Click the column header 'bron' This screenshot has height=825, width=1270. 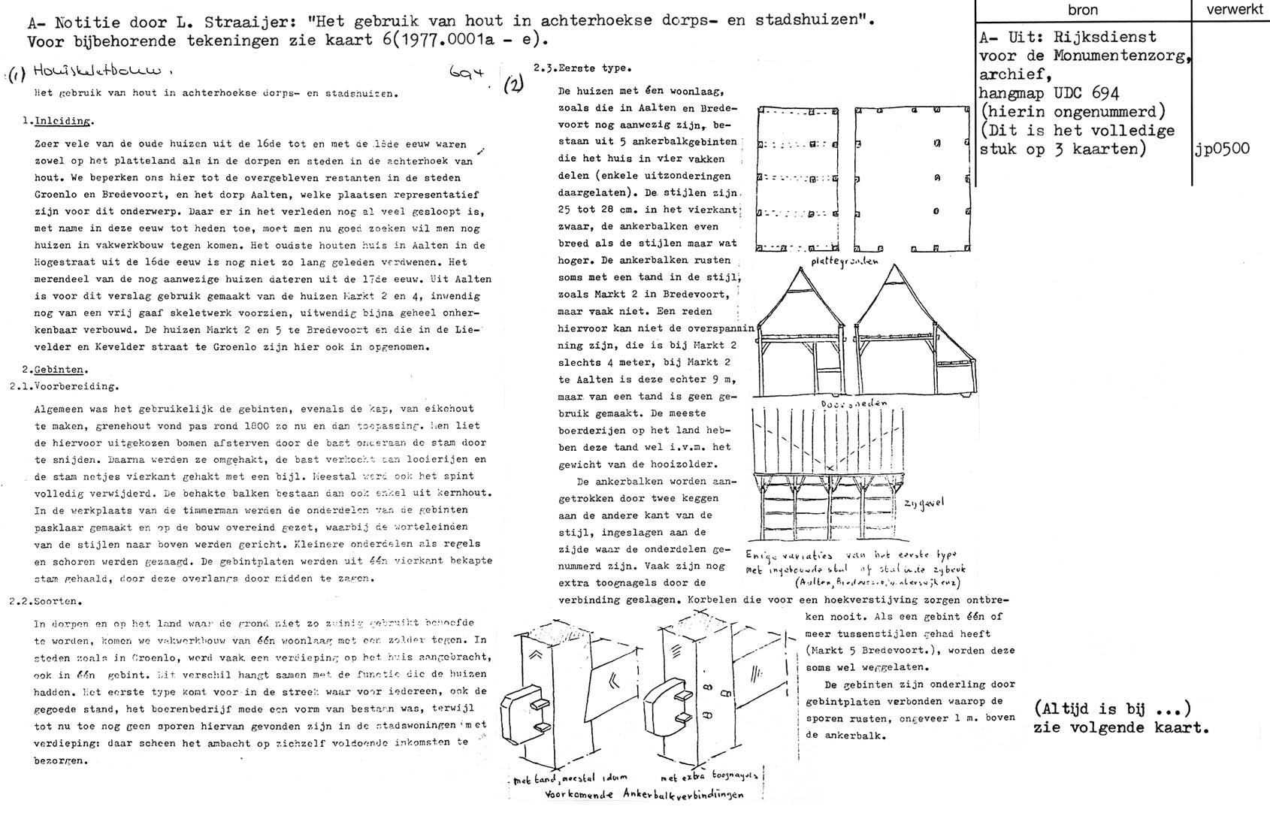tap(1082, 10)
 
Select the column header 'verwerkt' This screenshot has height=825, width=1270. tap(1231, 10)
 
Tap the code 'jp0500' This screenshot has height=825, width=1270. tap(1222, 149)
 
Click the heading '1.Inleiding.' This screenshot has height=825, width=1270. tap(59, 121)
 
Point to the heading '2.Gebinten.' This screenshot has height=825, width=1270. tap(56, 370)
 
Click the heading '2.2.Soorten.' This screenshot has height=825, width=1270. tap(46, 601)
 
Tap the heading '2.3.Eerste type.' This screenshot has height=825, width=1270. tap(582, 68)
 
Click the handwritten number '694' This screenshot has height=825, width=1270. tap(466, 74)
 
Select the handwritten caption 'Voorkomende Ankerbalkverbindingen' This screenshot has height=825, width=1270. tap(644, 795)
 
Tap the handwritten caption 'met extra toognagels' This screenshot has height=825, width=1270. tap(709, 776)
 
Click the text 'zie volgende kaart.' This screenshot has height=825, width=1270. tap(1121, 727)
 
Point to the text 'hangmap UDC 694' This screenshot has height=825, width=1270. tap(1049, 93)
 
